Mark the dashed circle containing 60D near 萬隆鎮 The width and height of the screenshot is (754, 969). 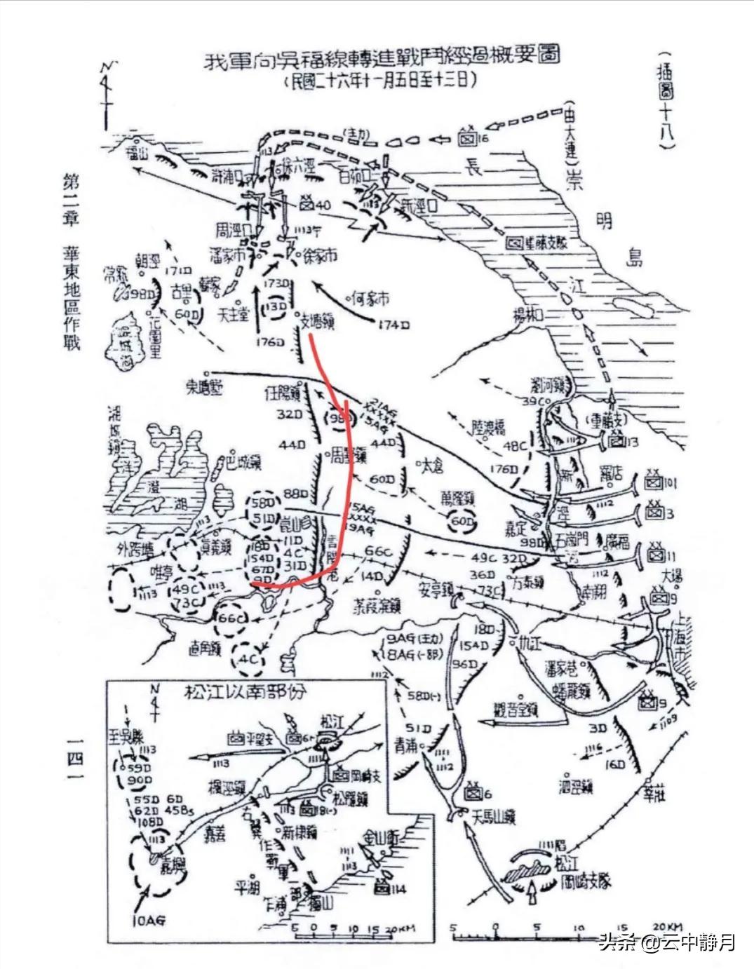tap(461, 522)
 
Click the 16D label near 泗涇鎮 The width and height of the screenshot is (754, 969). tap(614, 764)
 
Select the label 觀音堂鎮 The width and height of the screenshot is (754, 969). tap(516, 710)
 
